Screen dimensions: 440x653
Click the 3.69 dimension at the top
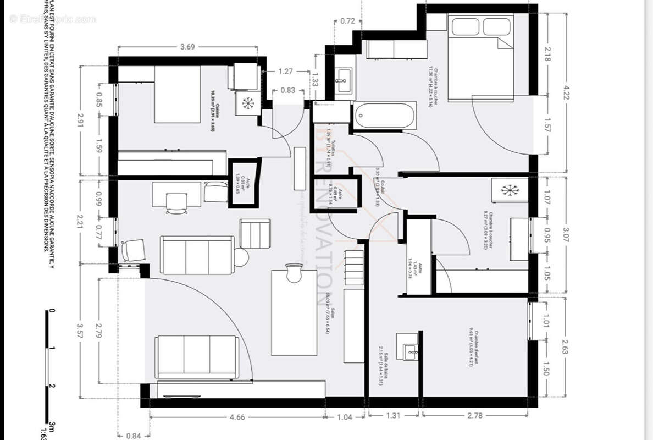pyautogui.click(x=187, y=47)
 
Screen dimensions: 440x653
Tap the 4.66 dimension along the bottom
pyautogui.click(x=237, y=417)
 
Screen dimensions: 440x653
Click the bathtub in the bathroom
pyautogui.click(x=384, y=116)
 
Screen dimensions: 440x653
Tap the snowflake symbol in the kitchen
pyautogui.click(x=248, y=102)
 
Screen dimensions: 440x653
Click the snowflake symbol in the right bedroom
pyautogui.click(x=510, y=190)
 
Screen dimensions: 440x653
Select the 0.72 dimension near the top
pyautogui.click(x=347, y=21)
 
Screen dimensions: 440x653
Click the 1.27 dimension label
pyautogui.click(x=286, y=71)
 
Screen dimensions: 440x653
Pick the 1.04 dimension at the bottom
pyautogui.click(x=344, y=417)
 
